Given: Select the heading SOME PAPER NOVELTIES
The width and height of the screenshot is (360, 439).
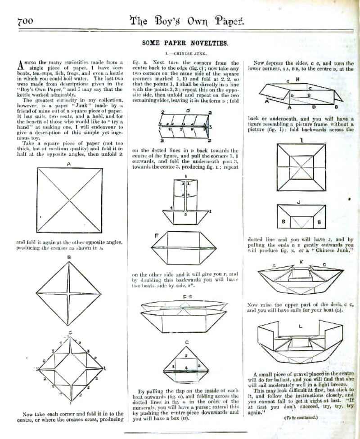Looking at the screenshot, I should (x=185, y=43).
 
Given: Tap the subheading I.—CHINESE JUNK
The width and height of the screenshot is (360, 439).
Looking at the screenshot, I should (x=185, y=53).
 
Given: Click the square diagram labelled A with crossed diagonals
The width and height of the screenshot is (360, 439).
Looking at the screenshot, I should (x=69, y=201).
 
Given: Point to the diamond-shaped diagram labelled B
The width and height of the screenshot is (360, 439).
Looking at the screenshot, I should (x=69, y=292).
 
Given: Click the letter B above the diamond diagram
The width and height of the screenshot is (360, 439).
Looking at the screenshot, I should (x=69, y=257).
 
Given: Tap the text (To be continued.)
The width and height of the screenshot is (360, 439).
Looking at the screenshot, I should (x=301, y=418).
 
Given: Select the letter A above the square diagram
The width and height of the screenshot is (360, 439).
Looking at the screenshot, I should (x=69, y=164).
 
